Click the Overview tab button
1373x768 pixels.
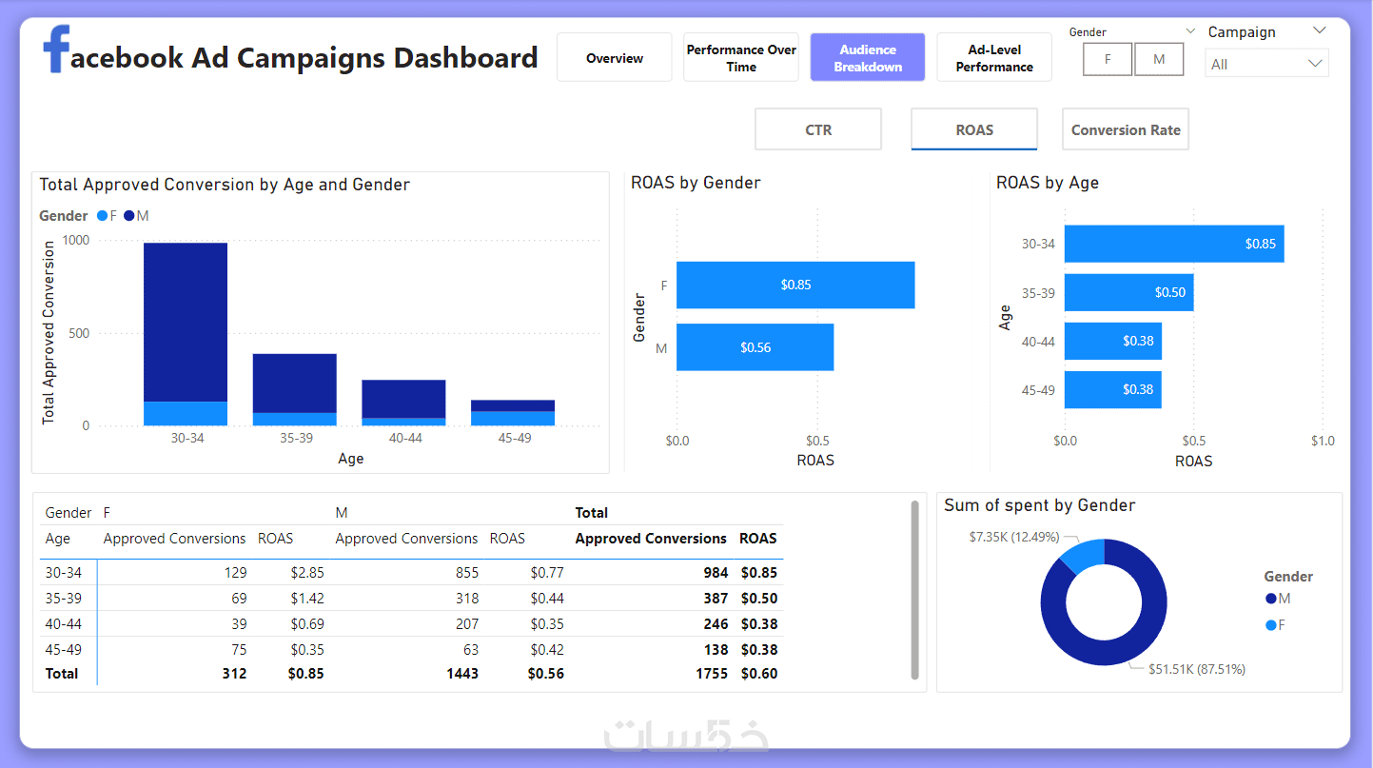(x=615, y=58)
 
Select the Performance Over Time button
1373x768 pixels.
(x=741, y=58)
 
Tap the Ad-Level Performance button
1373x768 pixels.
(x=994, y=58)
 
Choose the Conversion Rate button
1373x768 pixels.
(x=1126, y=130)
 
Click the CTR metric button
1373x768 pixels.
(x=818, y=130)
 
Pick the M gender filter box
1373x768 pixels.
(x=1159, y=59)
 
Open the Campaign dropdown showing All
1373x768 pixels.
(x=1266, y=64)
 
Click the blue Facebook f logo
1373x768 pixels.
(x=57, y=49)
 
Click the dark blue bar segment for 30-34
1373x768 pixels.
(x=186, y=322)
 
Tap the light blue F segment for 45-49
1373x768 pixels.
(x=513, y=419)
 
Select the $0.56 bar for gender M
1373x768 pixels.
(x=755, y=347)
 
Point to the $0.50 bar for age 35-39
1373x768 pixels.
(x=1128, y=292)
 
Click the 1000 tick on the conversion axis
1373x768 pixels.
(x=76, y=240)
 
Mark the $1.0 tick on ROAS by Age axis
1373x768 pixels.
(x=1323, y=441)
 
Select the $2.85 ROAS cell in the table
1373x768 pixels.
(x=306, y=573)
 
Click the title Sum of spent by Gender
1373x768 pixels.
(x=1039, y=505)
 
